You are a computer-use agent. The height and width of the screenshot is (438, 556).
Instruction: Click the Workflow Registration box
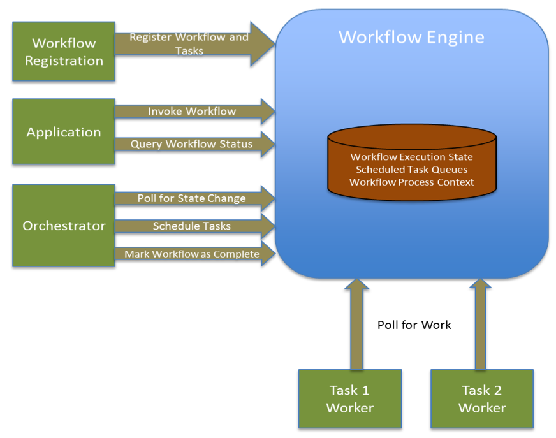pos(64,52)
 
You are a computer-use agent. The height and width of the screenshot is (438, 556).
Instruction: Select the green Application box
pos(64,132)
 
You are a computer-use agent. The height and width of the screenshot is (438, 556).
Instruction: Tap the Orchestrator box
pos(64,226)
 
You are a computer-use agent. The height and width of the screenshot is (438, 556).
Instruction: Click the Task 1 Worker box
pos(350,399)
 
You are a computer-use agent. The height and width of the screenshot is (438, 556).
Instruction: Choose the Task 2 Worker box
pos(482,399)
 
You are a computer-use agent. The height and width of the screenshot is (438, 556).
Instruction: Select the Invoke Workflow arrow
pos(192,112)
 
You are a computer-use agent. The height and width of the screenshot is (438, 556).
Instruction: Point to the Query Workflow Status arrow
pos(192,144)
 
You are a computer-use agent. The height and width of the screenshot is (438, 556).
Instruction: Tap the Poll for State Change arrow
pos(192,198)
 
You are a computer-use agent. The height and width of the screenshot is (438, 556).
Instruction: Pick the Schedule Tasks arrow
pos(192,226)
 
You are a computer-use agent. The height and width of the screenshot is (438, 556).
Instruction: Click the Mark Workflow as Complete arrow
pos(192,254)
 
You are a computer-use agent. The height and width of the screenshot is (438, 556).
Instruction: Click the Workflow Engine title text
pos(411,37)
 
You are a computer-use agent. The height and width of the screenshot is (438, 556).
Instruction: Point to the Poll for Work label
pos(414,325)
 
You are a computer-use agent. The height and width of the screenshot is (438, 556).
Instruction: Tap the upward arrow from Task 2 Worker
pos(481,325)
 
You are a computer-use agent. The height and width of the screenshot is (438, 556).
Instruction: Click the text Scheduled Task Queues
pos(412,170)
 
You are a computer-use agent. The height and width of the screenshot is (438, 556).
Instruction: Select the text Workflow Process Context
pos(412,182)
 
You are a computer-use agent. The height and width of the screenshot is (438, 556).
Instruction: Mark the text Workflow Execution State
pos(412,157)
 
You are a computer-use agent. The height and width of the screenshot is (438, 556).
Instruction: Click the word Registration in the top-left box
pos(64,61)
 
